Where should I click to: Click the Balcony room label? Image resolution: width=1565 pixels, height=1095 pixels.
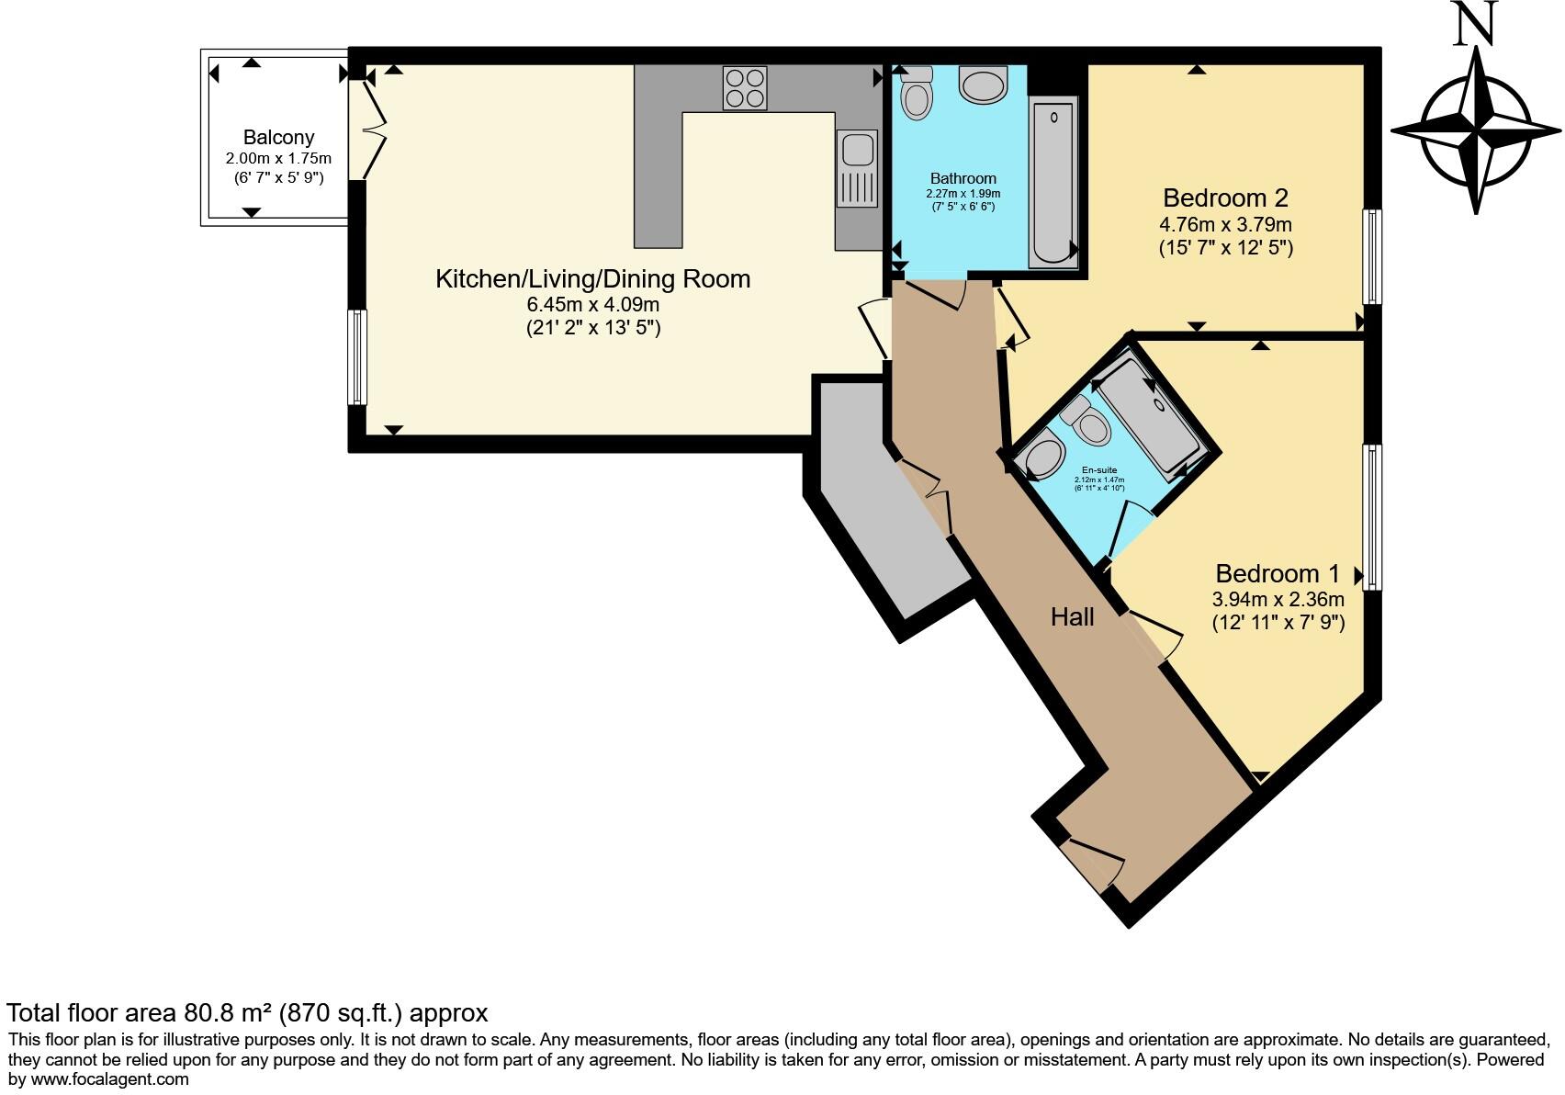coord(278,138)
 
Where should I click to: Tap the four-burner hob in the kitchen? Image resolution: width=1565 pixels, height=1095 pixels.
coord(744,88)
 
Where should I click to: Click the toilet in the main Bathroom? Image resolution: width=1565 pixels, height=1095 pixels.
coord(916,96)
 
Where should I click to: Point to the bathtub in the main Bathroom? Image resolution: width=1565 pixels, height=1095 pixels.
coord(1053,184)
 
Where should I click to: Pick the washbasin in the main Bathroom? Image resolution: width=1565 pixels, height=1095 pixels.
coord(983,85)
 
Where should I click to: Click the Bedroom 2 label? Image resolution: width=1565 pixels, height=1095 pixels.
coord(1225,198)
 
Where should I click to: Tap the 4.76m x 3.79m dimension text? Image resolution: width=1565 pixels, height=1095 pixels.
coord(1225,224)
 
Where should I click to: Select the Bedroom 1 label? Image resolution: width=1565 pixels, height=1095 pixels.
coord(1278,574)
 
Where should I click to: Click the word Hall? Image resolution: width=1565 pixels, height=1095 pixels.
coord(1072,616)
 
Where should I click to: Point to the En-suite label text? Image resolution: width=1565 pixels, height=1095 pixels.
coord(1099,470)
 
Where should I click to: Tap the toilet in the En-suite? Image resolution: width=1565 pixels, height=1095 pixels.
coord(1086,421)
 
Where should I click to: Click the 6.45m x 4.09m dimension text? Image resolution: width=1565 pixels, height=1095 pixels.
coord(592,304)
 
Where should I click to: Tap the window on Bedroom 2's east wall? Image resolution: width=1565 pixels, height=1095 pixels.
coord(1371,256)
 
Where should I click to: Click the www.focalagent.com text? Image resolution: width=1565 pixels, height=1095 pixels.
coord(110,1079)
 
